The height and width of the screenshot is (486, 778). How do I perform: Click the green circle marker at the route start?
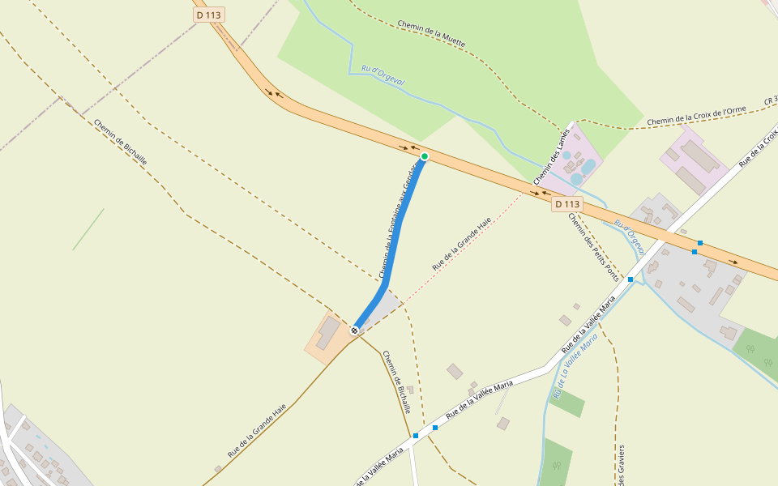point(424,156)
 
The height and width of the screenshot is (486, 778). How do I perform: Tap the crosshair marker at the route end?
point(354,330)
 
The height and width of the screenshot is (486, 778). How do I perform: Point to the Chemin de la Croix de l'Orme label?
point(696,116)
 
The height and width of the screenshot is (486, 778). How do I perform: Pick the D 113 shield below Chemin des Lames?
point(567,204)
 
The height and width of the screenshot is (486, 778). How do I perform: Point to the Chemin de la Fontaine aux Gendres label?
point(397,219)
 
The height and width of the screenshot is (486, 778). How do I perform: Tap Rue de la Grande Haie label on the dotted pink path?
point(462,243)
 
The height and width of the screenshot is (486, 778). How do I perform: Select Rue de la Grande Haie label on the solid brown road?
point(257,432)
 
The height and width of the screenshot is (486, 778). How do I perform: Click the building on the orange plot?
point(328,332)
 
